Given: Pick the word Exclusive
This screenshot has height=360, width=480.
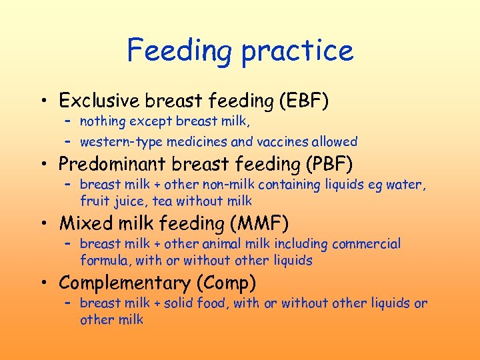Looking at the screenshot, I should (x=100, y=101).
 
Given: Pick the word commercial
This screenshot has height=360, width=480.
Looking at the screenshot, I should (x=369, y=244).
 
